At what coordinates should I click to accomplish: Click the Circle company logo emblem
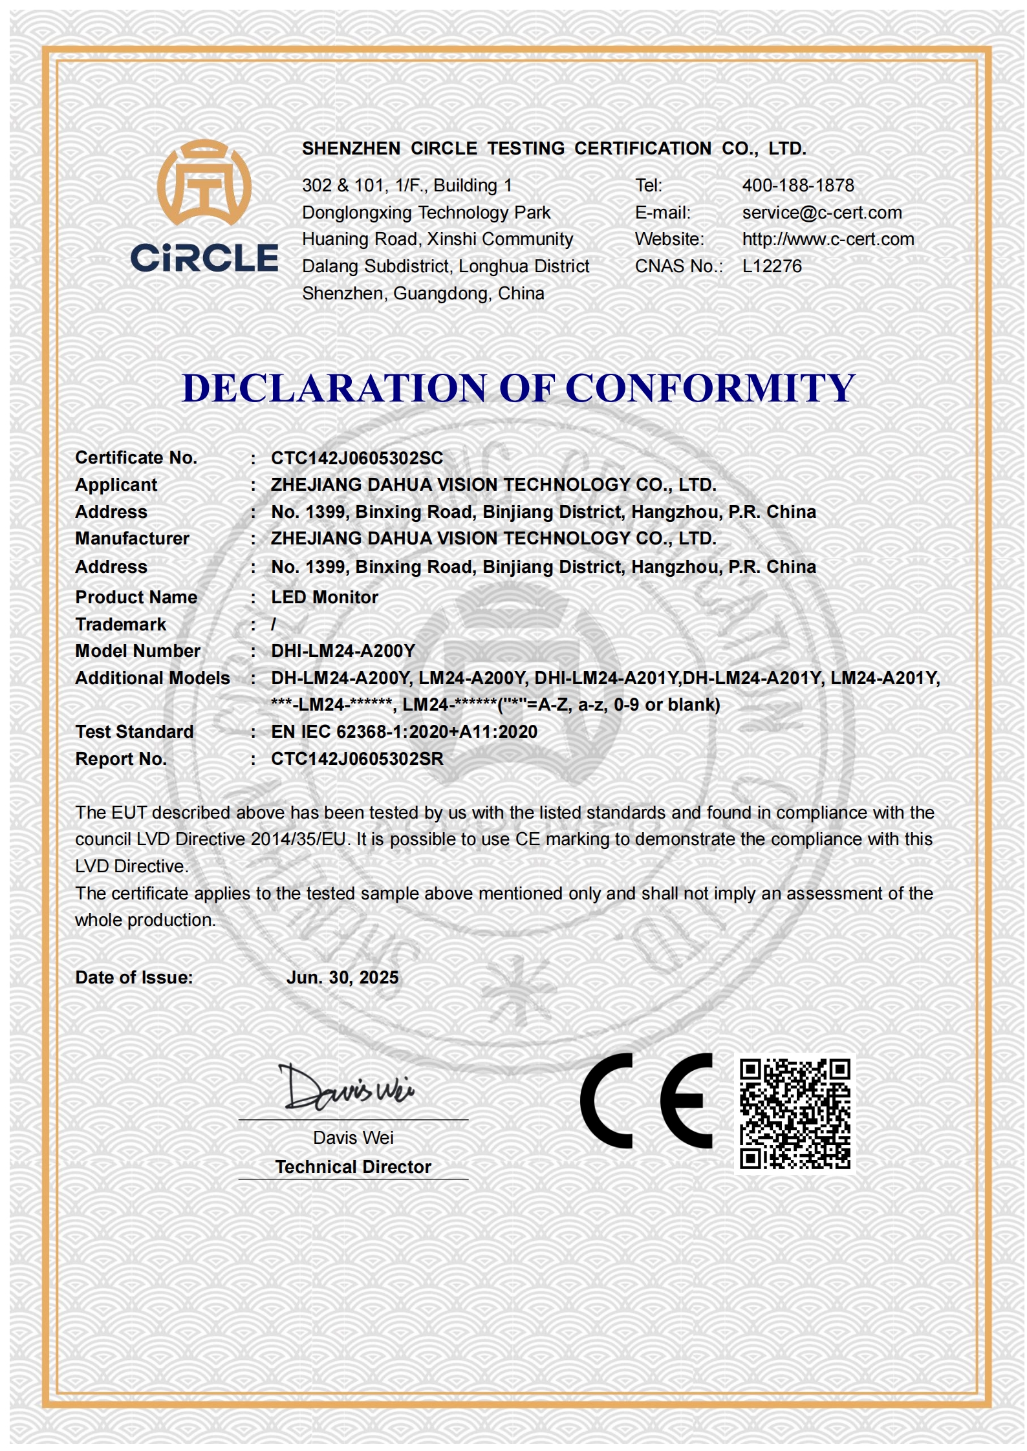point(204,183)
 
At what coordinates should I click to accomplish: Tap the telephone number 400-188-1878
point(797,186)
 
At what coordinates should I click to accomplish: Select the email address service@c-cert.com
point(821,213)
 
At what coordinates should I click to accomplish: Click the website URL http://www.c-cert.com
point(828,239)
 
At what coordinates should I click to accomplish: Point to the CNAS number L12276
point(772,266)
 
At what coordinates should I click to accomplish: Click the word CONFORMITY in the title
point(710,389)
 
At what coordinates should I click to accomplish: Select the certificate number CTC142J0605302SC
point(357,458)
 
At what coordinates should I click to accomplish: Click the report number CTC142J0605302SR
point(357,759)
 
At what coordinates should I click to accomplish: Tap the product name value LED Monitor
point(325,597)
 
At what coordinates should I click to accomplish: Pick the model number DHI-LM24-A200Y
point(343,651)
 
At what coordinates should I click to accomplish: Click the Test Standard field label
point(135,732)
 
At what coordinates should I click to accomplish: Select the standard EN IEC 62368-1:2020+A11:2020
point(404,732)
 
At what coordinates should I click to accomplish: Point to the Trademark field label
point(121,625)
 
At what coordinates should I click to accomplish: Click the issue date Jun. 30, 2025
point(342,978)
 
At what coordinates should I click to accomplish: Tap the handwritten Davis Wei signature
point(347,1088)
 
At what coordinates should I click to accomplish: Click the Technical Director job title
point(353,1167)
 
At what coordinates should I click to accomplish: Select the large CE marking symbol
point(645,1101)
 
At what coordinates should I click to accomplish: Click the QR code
point(795,1113)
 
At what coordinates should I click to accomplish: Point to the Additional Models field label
point(153,678)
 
